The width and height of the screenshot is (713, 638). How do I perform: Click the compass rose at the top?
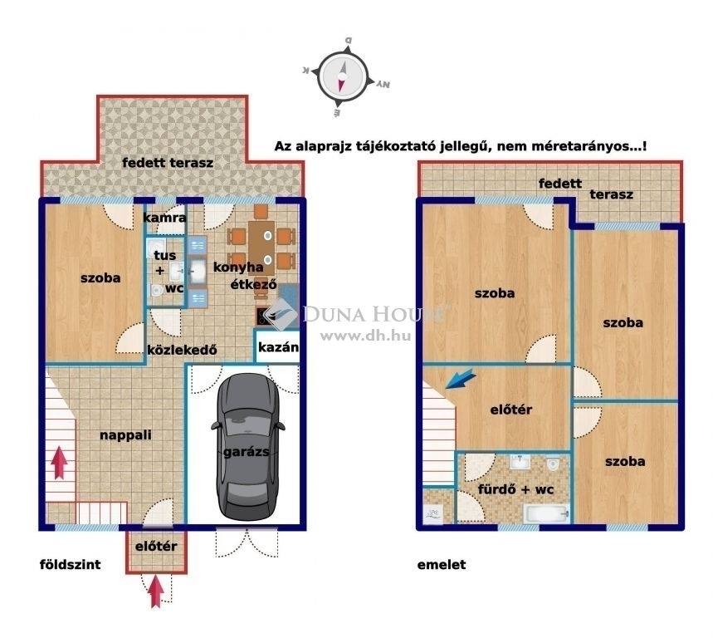pyautogui.click(x=344, y=76)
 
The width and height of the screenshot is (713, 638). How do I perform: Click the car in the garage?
pyautogui.click(x=248, y=447)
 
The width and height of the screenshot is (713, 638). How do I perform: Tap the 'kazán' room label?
pyautogui.click(x=278, y=347)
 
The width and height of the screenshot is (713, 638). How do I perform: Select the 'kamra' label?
pyautogui.click(x=164, y=218)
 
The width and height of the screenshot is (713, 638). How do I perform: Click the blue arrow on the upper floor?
pyautogui.click(x=461, y=379)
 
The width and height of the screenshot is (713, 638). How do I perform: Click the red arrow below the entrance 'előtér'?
pyautogui.click(x=156, y=591)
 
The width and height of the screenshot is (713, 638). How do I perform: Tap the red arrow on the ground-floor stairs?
pyautogui.click(x=59, y=463)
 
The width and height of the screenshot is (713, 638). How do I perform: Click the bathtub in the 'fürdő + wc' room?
pyautogui.click(x=546, y=513)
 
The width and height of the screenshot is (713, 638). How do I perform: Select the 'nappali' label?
pyautogui.click(x=125, y=435)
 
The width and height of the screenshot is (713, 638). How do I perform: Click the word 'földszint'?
pyautogui.click(x=71, y=564)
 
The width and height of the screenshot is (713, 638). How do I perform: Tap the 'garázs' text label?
pyautogui.click(x=246, y=451)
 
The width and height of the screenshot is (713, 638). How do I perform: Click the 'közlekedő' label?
pyautogui.click(x=182, y=350)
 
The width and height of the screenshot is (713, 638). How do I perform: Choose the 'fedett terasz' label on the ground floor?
pyautogui.click(x=168, y=163)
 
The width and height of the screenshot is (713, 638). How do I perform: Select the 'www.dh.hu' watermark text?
pyautogui.click(x=365, y=336)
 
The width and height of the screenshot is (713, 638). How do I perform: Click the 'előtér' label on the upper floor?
pyautogui.click(x=511, y=410)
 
